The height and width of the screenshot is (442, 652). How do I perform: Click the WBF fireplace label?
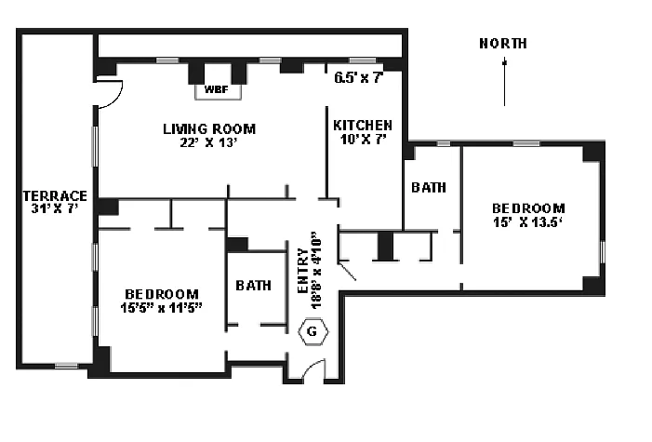tap(216, 91)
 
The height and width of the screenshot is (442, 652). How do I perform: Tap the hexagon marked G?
tap(313, 330)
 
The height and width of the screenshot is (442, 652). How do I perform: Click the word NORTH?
tap(503, 43)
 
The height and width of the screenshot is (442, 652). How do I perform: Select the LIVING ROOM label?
tap(209, 128)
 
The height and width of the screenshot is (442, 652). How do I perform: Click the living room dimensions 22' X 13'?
tap(209, 142)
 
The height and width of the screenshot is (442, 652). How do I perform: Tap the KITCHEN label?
tap(363, 125)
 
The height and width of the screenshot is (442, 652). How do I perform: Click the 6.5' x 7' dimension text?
tap(359, 77)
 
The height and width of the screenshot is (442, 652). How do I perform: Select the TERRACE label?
tap(55, 195)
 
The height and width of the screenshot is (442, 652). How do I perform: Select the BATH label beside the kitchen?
tap(428, 187)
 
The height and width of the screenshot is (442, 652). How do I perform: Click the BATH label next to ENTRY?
tap(254, 286)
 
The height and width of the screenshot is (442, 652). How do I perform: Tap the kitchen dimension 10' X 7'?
tap(363, 139)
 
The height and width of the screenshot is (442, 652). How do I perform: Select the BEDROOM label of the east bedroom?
tap(528, 208)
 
